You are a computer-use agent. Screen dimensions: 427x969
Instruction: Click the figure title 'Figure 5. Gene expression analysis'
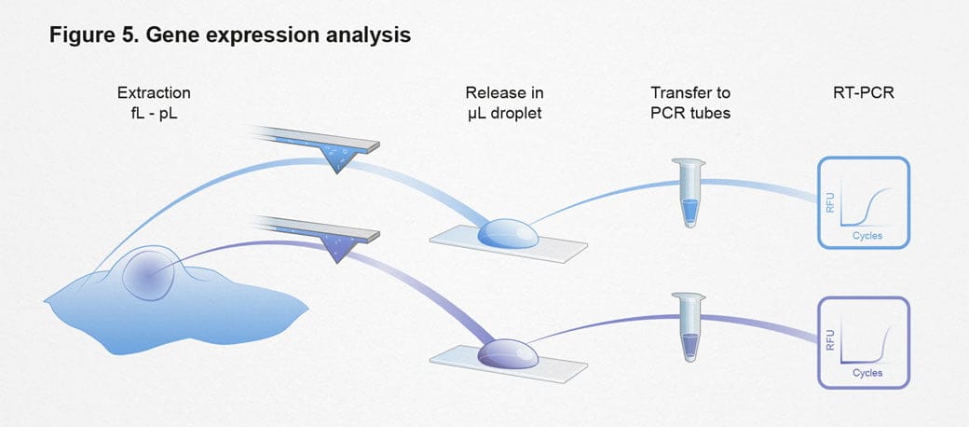click(230, 36)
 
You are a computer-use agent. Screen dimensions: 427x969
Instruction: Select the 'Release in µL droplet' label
click(504, 102)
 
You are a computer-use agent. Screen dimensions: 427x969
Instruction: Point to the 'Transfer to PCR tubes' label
click(690, 102)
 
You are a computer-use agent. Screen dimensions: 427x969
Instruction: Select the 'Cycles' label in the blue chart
click(867, 236)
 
